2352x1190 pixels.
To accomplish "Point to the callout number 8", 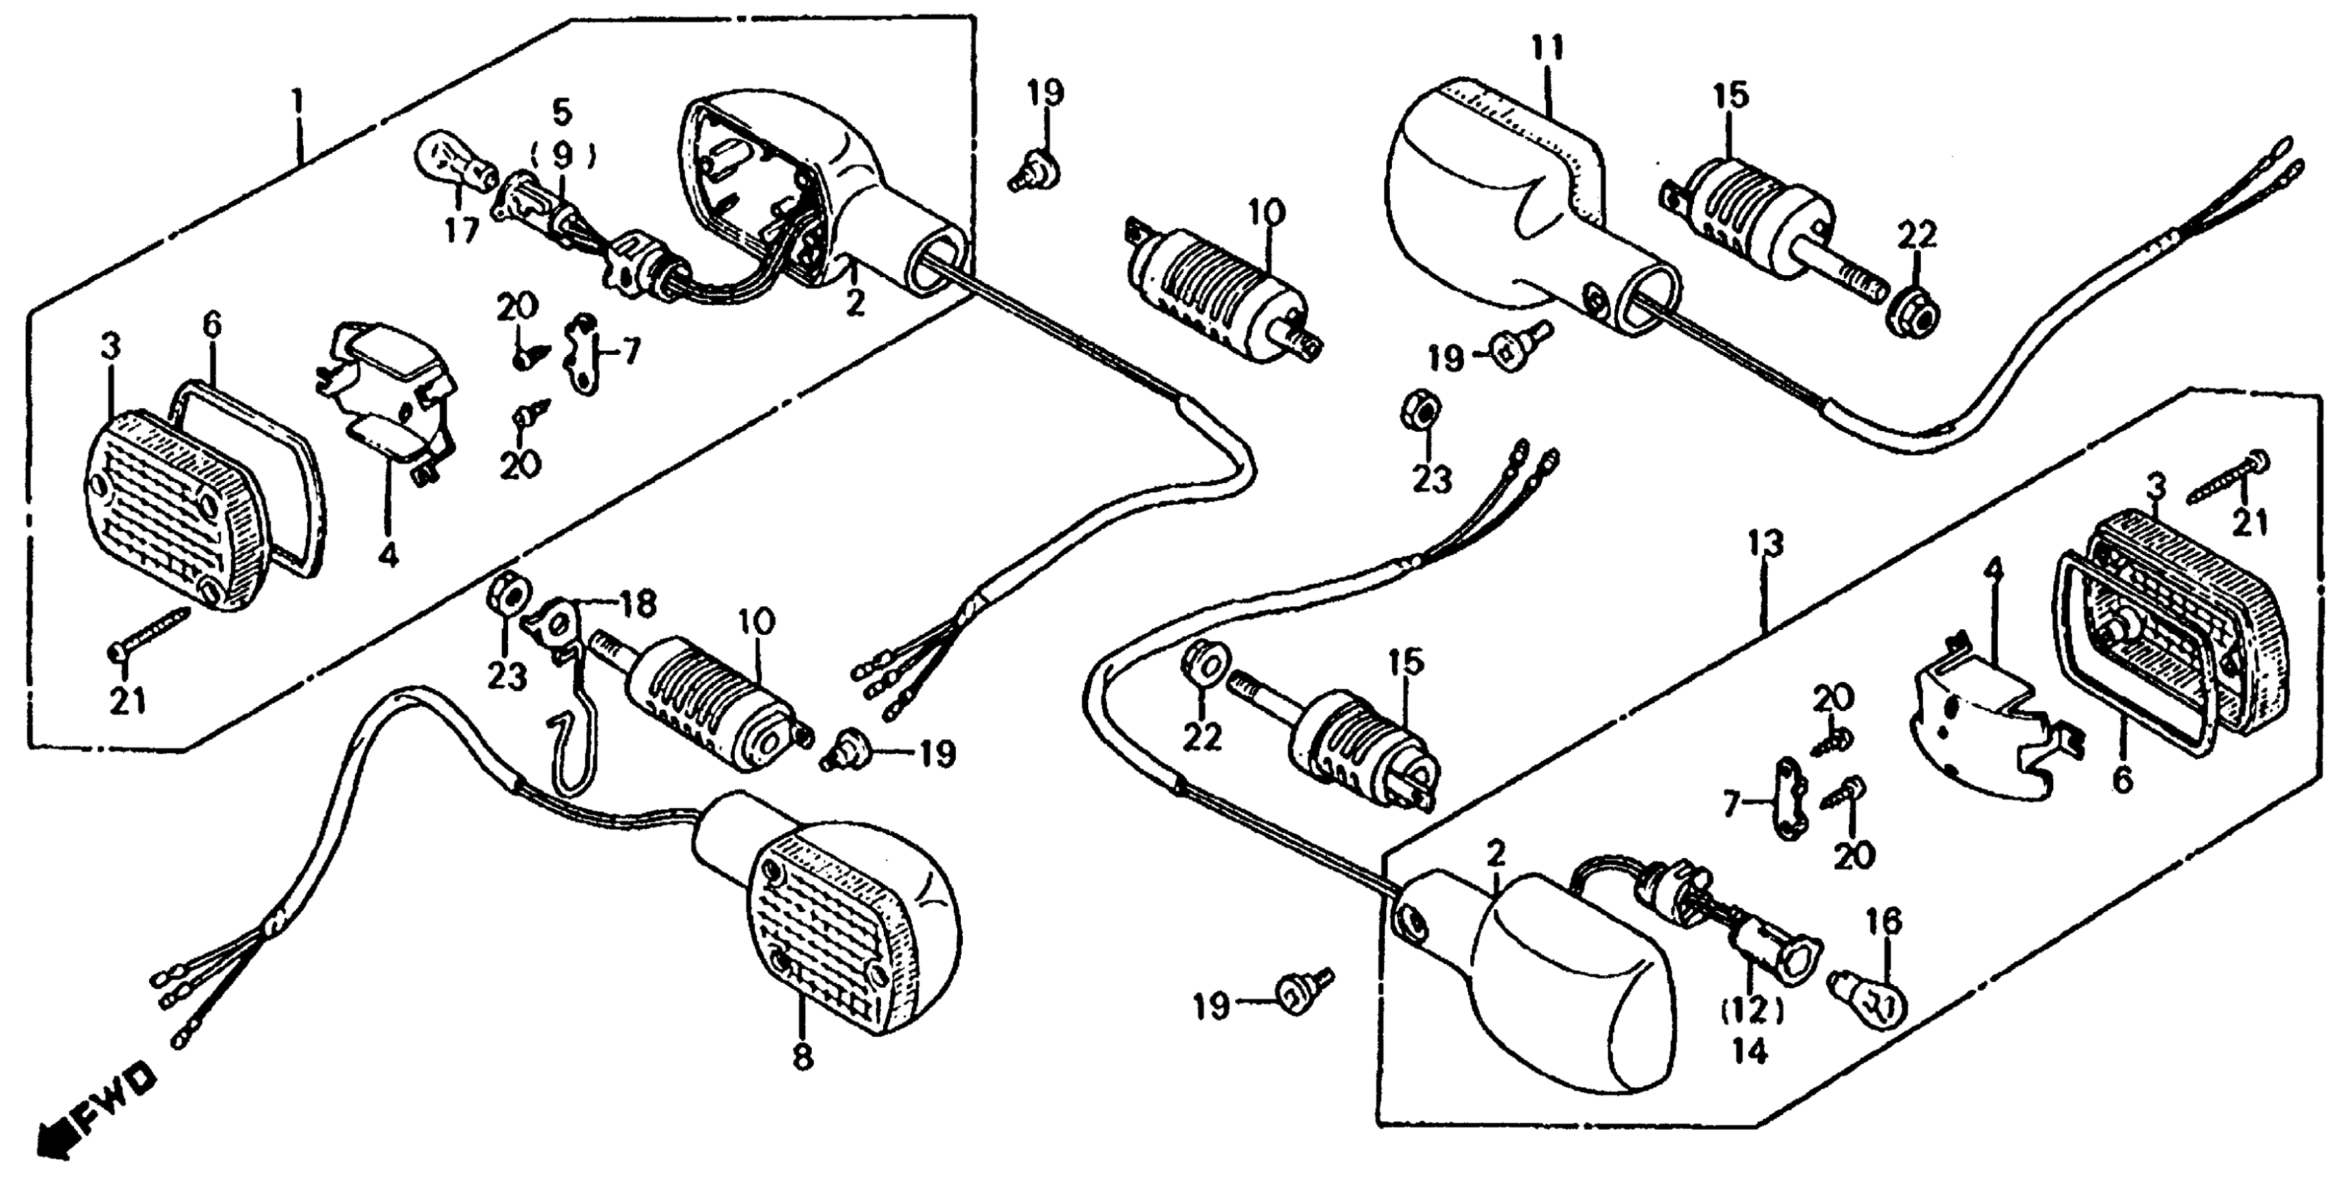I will tap(802, 1058).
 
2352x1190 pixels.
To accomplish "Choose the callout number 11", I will tap(1550, 48).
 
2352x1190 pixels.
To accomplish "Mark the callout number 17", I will tap(462, 232).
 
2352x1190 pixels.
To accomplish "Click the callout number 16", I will tap(1885, 923).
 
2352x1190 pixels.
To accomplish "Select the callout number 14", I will tap(1749, 1052).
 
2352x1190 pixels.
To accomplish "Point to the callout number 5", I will tap(561, 113).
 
